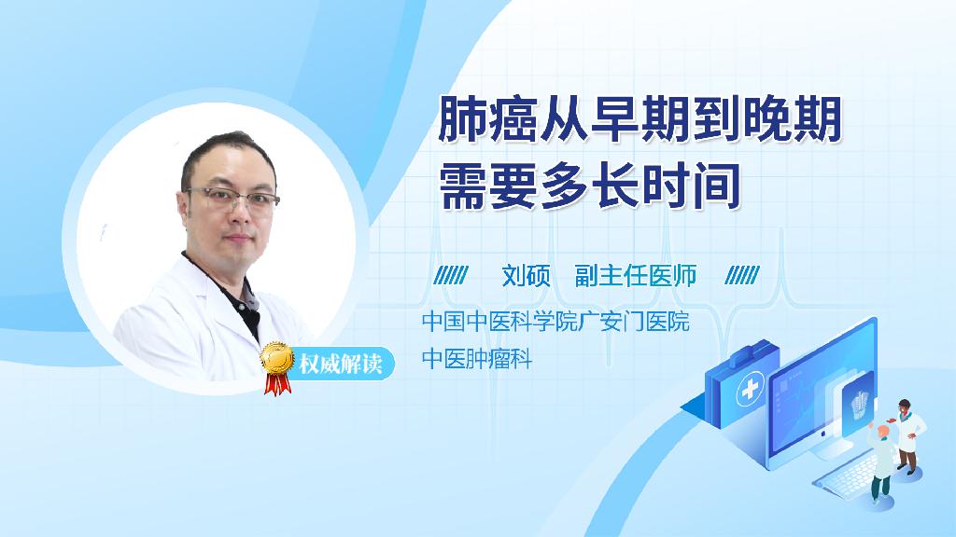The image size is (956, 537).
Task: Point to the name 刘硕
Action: click(x=526, y=276)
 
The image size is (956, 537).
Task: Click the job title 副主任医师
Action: click(x=635, y=276)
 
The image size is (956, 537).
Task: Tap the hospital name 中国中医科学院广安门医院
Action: click(x=555, y=322)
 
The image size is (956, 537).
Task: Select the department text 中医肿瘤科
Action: click(x=477, y=359)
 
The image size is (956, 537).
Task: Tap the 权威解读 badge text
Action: click(x=340, y=365)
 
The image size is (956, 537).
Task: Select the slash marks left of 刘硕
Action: click(x=451, y=275)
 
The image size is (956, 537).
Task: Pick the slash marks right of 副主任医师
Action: click(x=742, y=275)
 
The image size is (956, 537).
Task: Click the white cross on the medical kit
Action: click(x=750, y=389)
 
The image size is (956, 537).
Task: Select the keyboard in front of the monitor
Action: click(x=850, y=475)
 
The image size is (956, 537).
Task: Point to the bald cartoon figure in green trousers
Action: click(x=882, y=461)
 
